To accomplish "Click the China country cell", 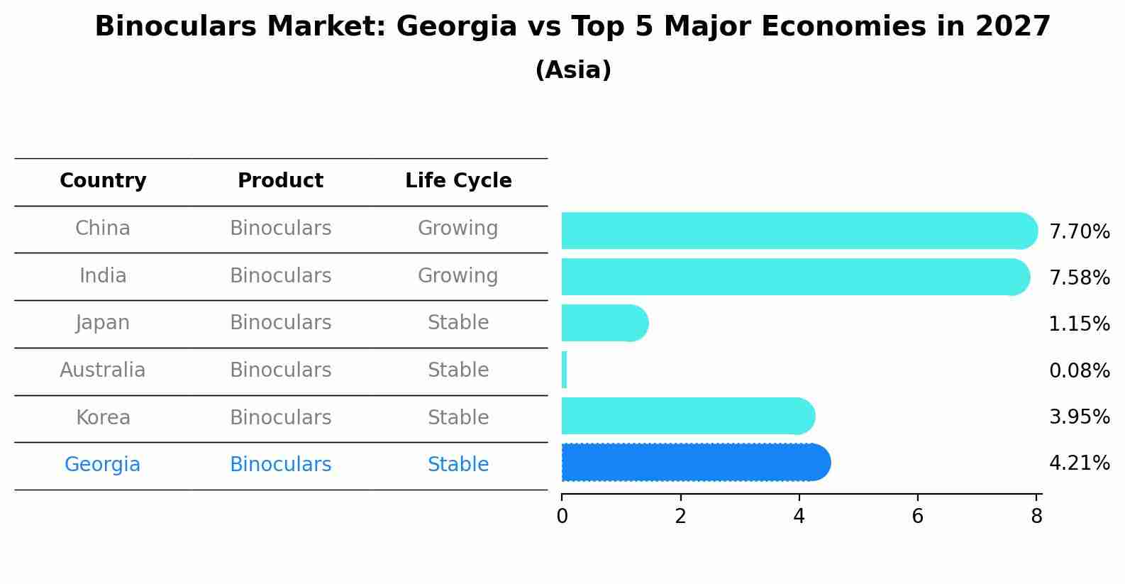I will click(x=103, y=228).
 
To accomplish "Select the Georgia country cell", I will click(x=103, y=465).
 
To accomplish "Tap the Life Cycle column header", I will click(x=458, y=181).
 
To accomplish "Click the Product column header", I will click(x=280, y=181).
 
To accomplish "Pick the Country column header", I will click(x=103, y=181).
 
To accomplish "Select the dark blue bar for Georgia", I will click(x=695, y=463).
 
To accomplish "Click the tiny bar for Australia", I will click(x=564, y=370).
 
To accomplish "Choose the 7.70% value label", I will click(x=1079, y=232).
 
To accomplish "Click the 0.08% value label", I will click(x=1079, y=370).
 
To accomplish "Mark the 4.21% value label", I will click(x=1079, y=463).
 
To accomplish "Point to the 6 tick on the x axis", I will click(x=917, y=517).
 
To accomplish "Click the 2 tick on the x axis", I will click(x=680, y=517).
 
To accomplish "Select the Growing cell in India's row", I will click(x=458, y=275).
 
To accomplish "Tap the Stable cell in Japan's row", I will click(x=458, y=323).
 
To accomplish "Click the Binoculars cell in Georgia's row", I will click(x=280, y=465).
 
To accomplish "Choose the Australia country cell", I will click(x=103, y=370).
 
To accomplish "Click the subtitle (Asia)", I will click(x=573, y=70).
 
